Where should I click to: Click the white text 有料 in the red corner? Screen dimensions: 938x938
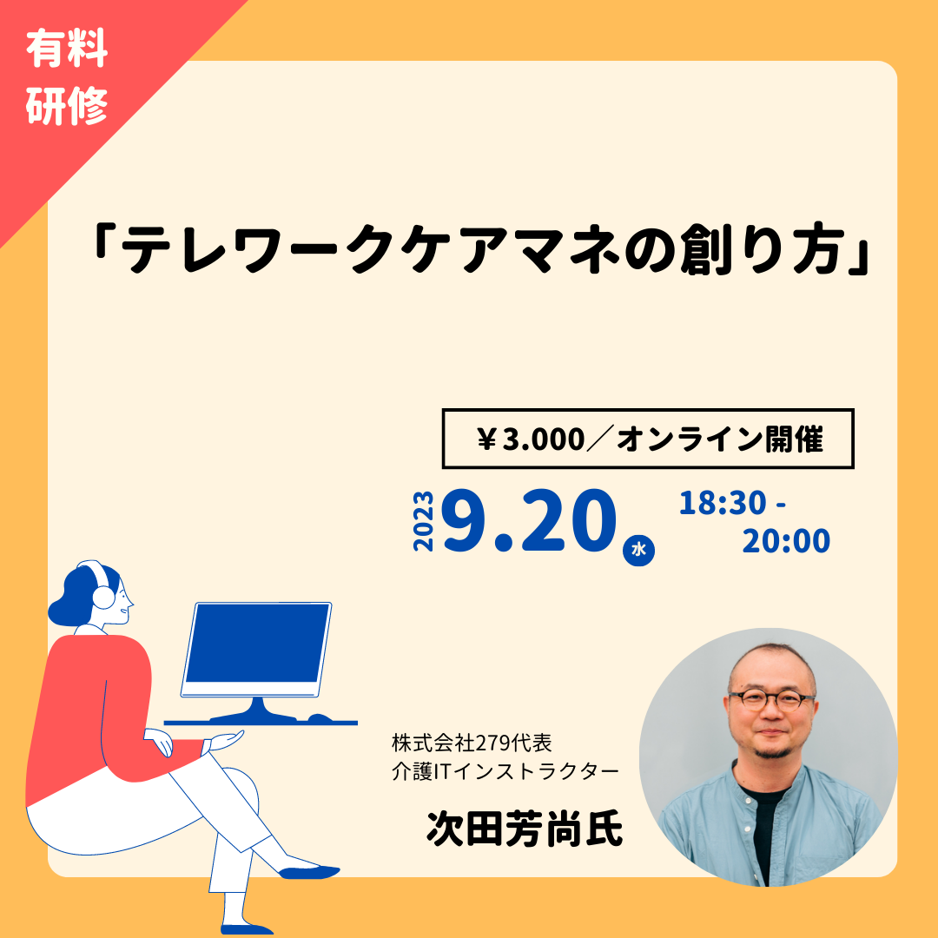(66, 47)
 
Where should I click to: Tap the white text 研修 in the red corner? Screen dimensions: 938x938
(66, 105)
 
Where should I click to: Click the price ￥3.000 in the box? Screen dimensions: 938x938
(531, 439)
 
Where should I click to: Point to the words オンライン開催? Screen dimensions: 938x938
(720, 439)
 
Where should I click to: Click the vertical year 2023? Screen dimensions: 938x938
(424, 521)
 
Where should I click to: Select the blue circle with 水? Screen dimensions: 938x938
(638, 549)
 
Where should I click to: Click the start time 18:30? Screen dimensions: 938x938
(722, 503)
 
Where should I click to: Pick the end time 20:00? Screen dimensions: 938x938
(786, 541)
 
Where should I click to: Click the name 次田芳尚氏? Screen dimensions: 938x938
(524, 829)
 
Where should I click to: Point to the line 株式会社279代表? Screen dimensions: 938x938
(472, 743)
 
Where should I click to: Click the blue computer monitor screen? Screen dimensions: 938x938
(256, 644)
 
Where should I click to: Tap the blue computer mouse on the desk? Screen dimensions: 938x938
(319, 718)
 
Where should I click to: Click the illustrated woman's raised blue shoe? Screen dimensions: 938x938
(309, 872)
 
